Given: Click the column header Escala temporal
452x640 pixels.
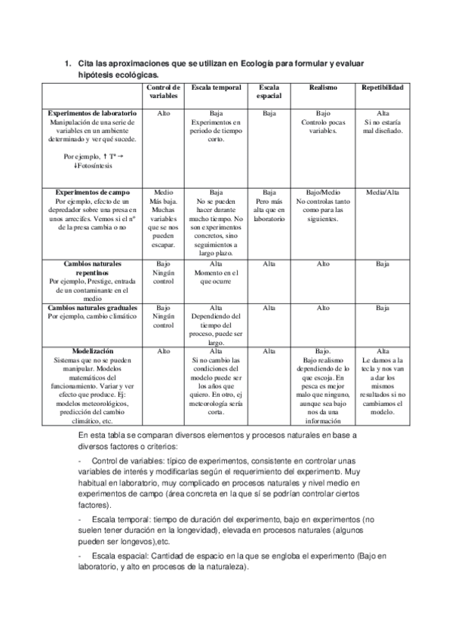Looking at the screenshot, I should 216,88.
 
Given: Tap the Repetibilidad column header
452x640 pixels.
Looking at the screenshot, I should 382,88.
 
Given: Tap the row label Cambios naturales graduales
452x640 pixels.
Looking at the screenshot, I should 92,308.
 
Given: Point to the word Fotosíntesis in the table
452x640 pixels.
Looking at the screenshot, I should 94,165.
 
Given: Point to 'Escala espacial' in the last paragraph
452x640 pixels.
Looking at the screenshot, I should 118,556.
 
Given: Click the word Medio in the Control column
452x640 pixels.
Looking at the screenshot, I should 164,192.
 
